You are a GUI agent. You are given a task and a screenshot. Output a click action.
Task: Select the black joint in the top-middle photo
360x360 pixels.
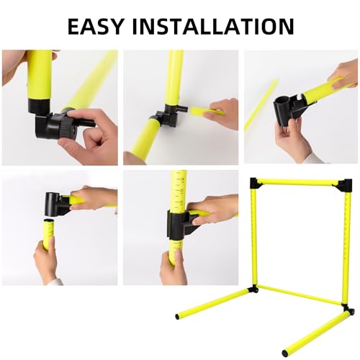click(x=165, y=113)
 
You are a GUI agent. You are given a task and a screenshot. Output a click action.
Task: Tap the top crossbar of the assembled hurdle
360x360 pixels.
click(x=299, y=182)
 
